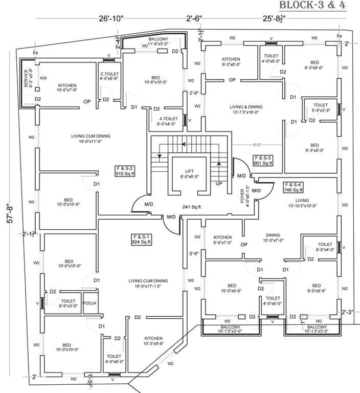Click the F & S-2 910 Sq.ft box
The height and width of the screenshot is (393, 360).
click(124, 171)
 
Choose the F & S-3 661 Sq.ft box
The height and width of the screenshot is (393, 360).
click(263, 160)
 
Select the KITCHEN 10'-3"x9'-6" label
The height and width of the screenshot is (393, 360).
click(153, 341)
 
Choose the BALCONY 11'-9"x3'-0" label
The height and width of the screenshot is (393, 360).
click(162, 41)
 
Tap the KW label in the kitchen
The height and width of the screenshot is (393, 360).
click(43, 78)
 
